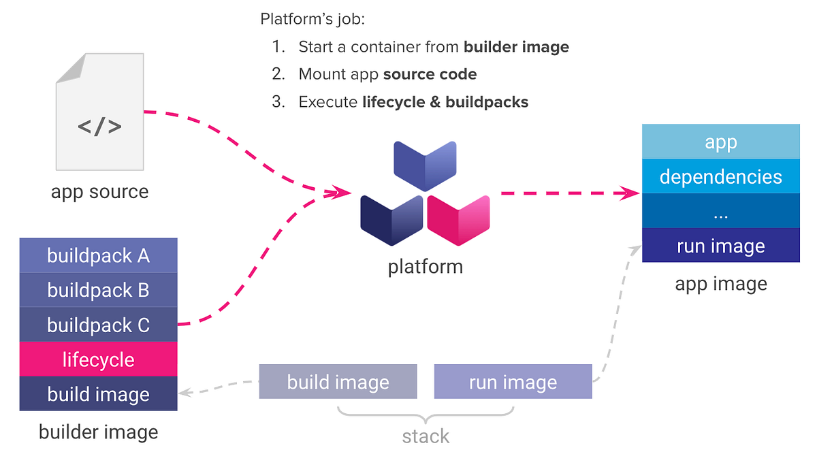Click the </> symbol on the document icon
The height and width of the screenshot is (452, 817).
[99, 126]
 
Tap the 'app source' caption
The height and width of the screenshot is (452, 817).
[99, 192]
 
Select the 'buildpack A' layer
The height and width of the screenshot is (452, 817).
[99, 256]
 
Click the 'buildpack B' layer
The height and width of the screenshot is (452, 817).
[99, 291]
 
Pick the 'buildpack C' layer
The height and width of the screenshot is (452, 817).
[99, 325]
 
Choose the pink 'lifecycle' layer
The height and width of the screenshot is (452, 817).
[99, 359]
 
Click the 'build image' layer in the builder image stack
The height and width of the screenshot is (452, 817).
[99, 394]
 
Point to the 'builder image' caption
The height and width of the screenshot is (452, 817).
[99, 432]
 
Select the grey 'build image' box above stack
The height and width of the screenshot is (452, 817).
[338, 382]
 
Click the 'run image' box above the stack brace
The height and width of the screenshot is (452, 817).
[513, 382]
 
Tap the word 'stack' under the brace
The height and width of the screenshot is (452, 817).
[426, 436]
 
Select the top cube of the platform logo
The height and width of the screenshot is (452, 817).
[425, 165]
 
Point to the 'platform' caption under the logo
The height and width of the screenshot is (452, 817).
[426, 266]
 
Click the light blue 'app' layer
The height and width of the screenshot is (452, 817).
[721, 142]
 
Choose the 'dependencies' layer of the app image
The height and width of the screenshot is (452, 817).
[721, 177]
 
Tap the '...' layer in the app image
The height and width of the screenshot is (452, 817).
[721, 212]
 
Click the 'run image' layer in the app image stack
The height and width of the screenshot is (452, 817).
[721, 246]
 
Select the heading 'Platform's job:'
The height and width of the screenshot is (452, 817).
[313, 19]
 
